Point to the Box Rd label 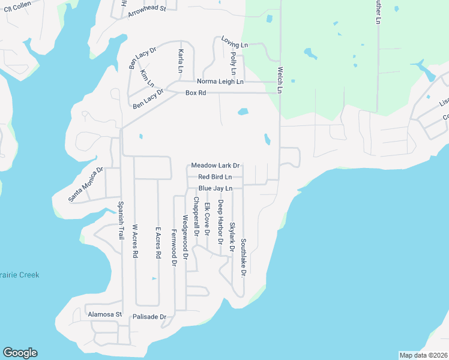pos(196,93)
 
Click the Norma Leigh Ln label pos(220,82)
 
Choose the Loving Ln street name pos(234,45)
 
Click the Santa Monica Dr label pos(86,184)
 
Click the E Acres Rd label pos(158,242)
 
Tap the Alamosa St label pos(104,314)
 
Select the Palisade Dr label pos(149,316)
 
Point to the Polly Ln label pos(232,63)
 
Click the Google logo pos(20,353)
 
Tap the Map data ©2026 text pos(423,355)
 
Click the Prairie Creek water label pos(20,275)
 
